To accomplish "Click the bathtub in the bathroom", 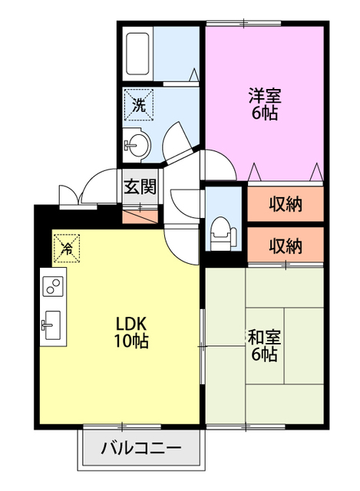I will pos(137,52).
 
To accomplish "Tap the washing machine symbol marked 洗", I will pos(139,104).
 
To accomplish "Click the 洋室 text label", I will pos(263,97).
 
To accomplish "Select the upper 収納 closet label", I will pos(285,204).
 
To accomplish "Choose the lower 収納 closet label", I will pos(285,245).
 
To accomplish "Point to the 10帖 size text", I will pos(131,341).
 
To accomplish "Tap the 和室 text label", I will pos(263,336).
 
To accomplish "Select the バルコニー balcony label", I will pos(141,448).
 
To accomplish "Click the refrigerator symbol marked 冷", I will pos(66,248).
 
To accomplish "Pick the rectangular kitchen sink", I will pos(52,325).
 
